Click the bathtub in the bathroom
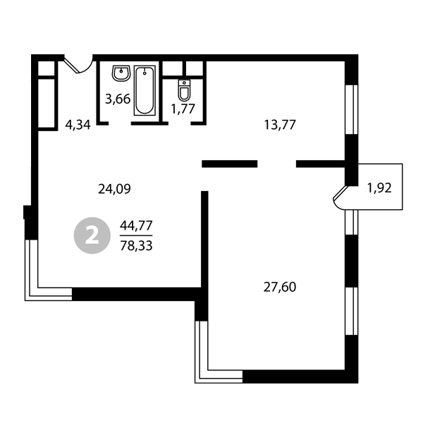145,90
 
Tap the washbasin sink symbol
121,73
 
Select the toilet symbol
184,90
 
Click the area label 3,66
118,99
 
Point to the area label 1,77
183,109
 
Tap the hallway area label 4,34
78,125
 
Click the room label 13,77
280,125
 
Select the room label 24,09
114,189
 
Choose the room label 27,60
280,287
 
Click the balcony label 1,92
379,188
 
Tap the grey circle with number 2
92,235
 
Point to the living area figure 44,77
136,226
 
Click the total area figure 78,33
136,245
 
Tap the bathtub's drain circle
145,73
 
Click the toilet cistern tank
184,82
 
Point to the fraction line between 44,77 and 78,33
136,235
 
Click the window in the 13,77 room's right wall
352,109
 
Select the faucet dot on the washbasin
121,71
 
